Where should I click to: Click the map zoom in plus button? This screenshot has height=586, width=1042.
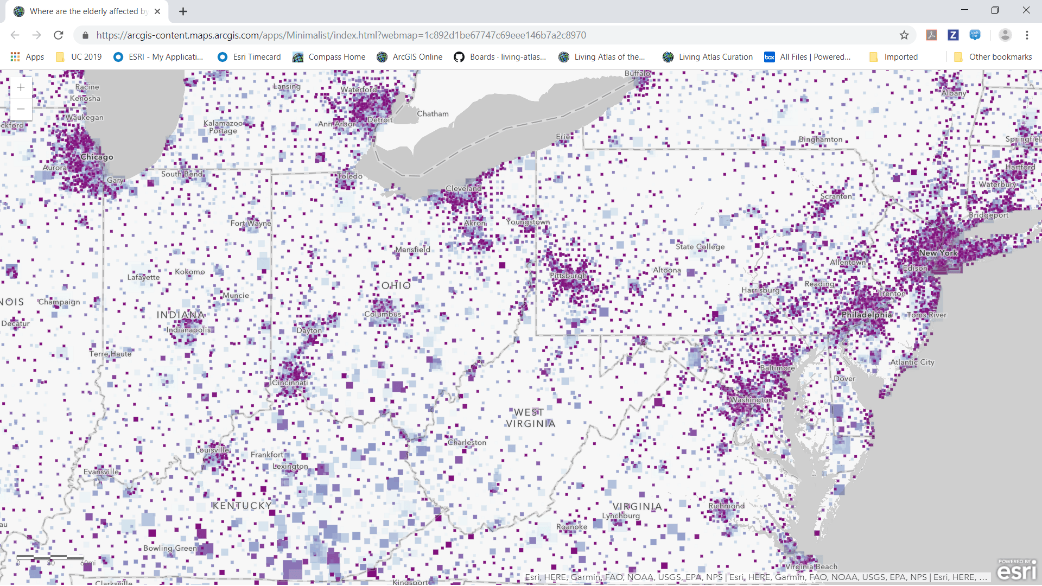click(21, 87)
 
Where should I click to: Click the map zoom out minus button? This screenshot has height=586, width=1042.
click(21, 109)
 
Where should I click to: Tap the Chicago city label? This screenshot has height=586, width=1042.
click(97, 157)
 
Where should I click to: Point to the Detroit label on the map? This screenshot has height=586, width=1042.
click(380, 120)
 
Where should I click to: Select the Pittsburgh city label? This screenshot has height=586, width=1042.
click(568, 276)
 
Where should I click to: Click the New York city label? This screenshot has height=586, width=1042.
click(938, 253)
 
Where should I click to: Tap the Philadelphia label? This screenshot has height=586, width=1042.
click(867, 315)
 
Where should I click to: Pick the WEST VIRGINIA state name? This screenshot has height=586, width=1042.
click(530, 418)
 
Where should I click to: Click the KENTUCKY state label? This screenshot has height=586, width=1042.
click(242, 506)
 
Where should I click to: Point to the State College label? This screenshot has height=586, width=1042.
click(700, 246)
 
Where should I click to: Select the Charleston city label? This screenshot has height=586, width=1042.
click(467, 442)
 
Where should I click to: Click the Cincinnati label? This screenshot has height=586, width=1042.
click(290, 383)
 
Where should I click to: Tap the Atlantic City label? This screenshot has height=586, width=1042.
click(912, 362)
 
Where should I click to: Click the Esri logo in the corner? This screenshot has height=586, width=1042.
click(1016, 570)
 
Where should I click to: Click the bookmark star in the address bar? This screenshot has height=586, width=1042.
click(904, 35)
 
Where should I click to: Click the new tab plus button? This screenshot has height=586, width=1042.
click(183, 11)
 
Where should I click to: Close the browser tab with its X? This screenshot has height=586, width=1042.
click(157, 11)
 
